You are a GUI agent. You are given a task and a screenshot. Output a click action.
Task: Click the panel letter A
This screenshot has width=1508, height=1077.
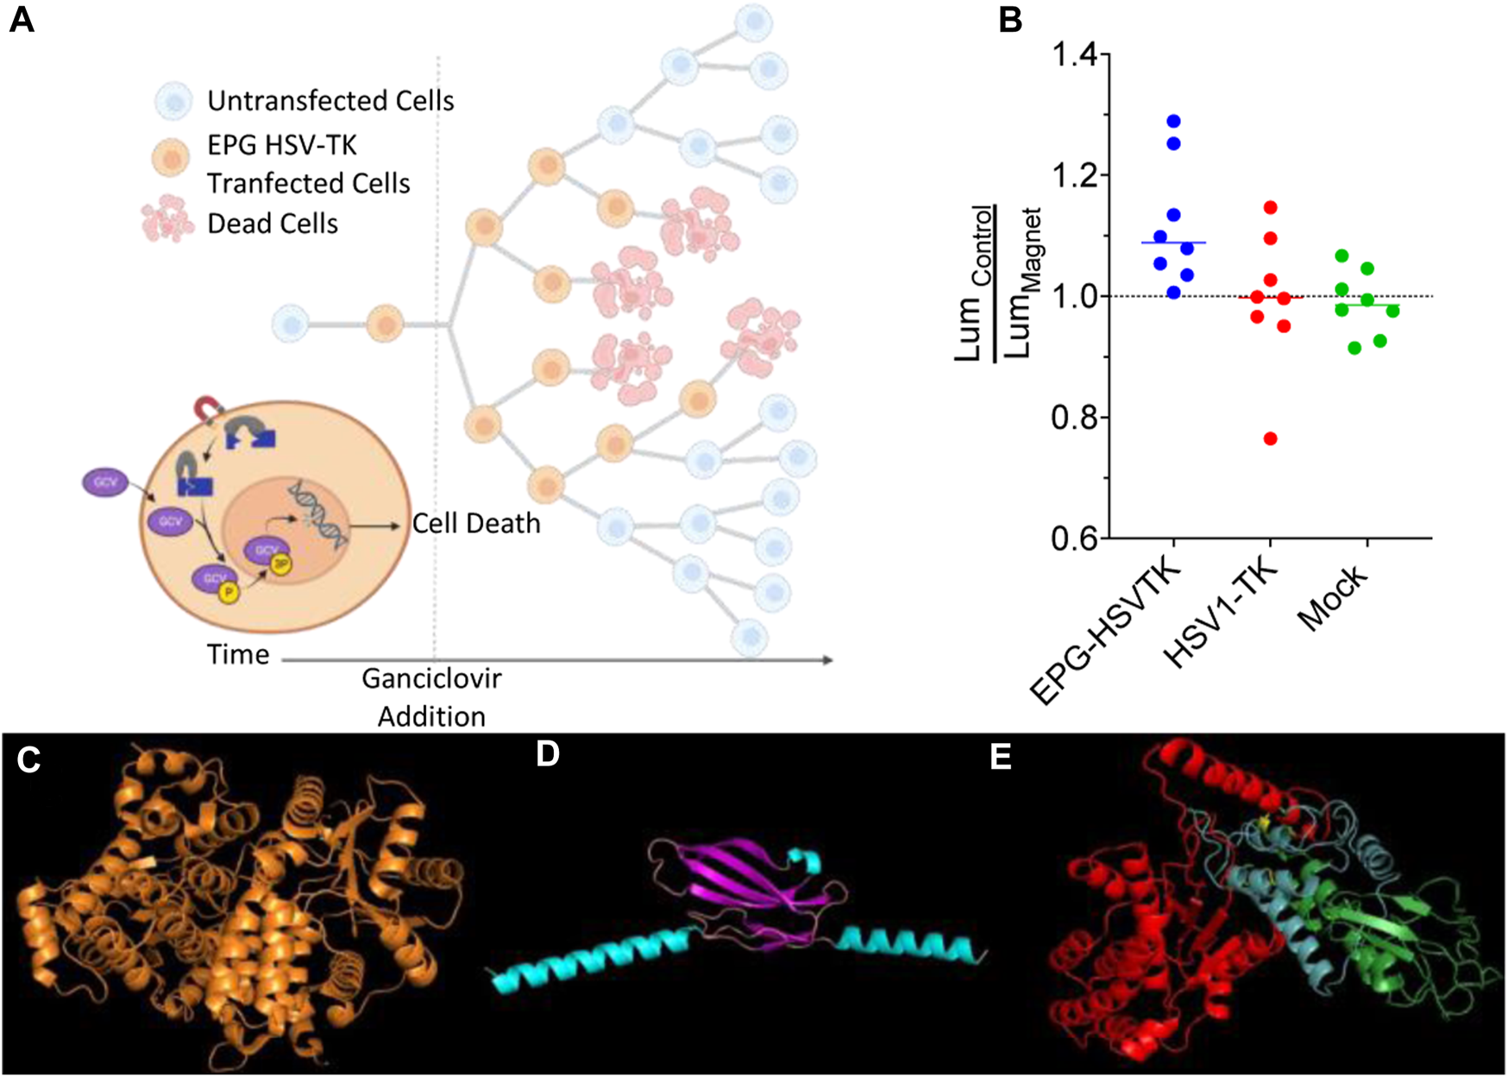pos(21,19)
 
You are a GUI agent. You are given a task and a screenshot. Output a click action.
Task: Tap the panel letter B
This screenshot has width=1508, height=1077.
pos(1009,19)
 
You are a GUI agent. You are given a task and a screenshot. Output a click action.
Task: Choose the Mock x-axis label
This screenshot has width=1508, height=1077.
pos(1334,597)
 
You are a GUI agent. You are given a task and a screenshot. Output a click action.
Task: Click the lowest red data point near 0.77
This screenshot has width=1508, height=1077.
pos(1270,438)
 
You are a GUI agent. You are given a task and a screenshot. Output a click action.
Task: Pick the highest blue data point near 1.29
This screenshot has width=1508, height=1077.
pos(1173,122)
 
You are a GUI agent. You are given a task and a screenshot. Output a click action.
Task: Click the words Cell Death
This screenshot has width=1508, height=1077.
pos(476,524)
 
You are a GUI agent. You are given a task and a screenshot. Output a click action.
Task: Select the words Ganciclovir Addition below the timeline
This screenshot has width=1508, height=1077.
pos(431,697)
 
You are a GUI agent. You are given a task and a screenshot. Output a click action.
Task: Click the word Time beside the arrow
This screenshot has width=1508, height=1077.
pos(238,655)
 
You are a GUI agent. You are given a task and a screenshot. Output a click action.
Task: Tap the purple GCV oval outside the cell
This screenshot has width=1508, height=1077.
pos(105,482)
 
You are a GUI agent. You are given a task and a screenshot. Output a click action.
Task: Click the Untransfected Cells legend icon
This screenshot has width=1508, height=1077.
pos(176,101)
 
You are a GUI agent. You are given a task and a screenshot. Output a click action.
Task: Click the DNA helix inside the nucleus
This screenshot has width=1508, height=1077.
pos(319,515)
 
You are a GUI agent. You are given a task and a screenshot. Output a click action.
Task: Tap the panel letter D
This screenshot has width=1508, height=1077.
pos(548,754)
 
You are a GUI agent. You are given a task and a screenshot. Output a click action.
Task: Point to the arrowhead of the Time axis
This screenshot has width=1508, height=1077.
pos(828,660)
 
